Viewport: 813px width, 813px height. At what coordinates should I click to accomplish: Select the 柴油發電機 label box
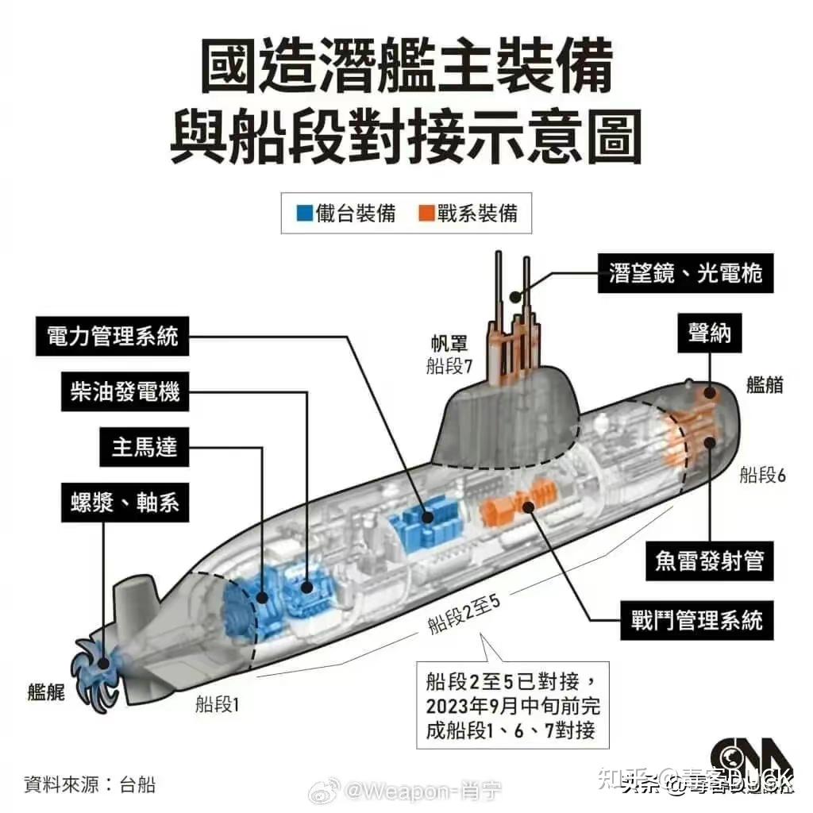(x=125, y=392)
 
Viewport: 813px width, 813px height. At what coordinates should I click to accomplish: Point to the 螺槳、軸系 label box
(x=125, y=503)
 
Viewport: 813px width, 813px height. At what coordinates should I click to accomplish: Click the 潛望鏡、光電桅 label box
(x=685, y=274)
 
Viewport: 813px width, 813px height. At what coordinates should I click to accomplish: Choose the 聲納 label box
(x=709, y=335)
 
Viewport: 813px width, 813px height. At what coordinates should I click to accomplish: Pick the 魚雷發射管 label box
(x=709, y=561)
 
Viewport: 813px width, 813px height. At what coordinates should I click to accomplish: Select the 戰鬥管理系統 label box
(x=696, y=619)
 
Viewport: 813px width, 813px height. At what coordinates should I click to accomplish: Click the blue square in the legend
(x=304, y=214)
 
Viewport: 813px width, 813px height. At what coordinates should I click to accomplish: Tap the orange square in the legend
(x=426, y=214)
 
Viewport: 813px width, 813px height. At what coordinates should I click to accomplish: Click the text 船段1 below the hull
(x=217, y=703)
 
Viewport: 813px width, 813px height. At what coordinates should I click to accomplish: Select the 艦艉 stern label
(x=46, y=692)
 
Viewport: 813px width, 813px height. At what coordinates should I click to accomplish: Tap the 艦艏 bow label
(x=765, y=385)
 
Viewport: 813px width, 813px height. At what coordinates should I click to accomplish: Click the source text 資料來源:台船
(x=89, y=785)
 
